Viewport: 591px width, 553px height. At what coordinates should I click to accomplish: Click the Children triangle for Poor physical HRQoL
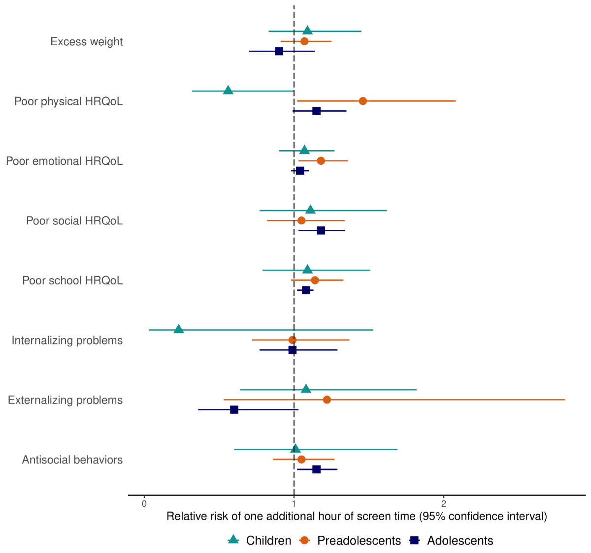pos(228,90)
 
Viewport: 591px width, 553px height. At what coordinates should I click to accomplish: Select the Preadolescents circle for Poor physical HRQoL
pos(363,101)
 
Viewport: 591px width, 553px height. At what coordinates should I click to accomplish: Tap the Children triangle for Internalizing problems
pos(179,329)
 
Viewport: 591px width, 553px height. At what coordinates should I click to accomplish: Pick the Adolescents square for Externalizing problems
pos(234,409)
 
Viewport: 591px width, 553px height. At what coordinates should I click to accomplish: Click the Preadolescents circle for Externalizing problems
pos(327,399)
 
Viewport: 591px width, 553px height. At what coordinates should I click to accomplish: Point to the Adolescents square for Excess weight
pos(279,51)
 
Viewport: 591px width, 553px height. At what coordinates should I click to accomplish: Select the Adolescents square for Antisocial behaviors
pos(316,469)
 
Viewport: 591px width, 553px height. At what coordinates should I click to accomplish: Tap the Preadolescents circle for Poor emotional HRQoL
pos(321,161)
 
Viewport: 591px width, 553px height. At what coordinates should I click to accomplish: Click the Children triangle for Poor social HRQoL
pos(310,210)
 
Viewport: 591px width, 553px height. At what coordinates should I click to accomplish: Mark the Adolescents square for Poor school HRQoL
pos(306,290)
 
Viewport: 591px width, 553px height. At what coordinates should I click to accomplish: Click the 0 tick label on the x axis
pos(144,504)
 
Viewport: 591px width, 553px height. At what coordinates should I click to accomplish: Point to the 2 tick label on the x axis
pos(444,504)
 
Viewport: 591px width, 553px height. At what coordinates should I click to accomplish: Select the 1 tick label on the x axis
pos(294,504)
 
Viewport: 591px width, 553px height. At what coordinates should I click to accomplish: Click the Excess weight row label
pos(87,42)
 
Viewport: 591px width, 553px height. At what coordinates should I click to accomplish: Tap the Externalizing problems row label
pos(66,400)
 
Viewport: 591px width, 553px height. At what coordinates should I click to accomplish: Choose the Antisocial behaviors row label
pos(72,460)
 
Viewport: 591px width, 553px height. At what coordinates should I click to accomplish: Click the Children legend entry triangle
pos(233,540)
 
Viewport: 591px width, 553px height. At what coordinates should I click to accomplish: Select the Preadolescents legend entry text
pos(359,541)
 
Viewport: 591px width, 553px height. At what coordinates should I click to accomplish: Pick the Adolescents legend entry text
pos(460,541)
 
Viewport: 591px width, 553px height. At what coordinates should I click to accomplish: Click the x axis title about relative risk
pos(357,517)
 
